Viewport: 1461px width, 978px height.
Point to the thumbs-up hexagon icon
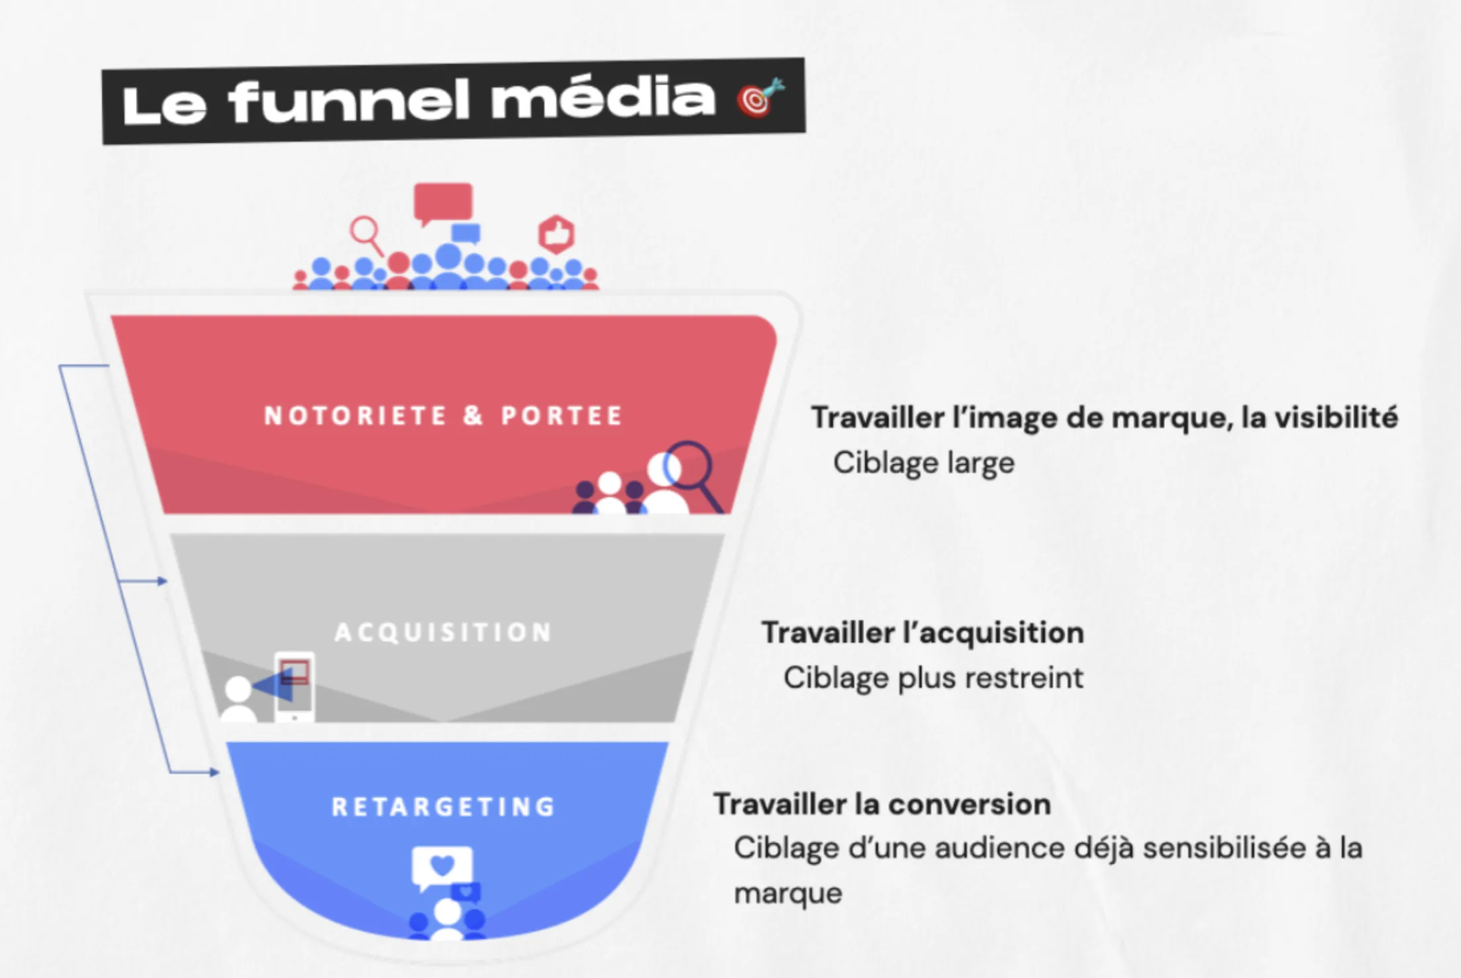[556, 234]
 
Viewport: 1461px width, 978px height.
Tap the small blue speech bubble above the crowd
[466, 233]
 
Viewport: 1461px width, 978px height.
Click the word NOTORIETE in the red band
[356, 415]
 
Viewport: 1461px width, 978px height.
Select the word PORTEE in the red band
[562, 415]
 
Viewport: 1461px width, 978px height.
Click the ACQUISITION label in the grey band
[443, 632]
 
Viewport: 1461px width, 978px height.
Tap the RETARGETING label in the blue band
[443, 806]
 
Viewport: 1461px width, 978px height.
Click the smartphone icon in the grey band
[295, 686]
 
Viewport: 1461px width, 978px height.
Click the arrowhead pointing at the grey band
[162, 581]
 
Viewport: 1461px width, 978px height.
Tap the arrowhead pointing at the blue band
[214, 772]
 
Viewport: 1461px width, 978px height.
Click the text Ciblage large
[923, 462]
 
